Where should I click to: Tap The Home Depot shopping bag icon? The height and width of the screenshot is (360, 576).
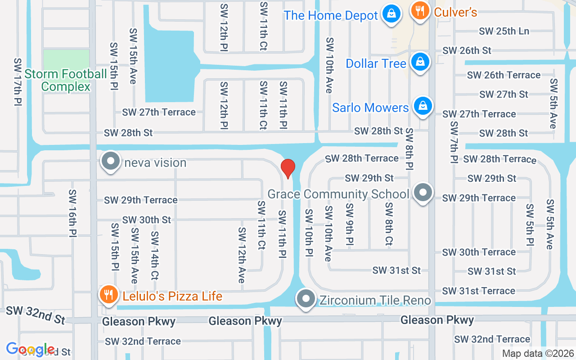coord(392,14)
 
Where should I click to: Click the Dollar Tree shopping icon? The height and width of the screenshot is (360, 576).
coord(420,62)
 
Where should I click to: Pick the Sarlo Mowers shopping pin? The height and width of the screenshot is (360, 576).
coord(423,106)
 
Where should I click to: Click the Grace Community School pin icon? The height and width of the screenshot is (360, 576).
coord(423,193)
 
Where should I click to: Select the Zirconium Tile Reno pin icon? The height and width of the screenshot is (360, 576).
coord(306,299)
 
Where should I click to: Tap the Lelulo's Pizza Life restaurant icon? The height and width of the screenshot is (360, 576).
coord(108,295)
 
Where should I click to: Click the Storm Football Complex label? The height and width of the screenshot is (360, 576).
coord(66,80)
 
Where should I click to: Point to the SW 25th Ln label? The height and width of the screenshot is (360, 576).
coord(504,31)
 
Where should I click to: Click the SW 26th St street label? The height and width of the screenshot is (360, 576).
coord(467,50)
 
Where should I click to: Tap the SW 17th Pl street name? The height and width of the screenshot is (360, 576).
coord(18,81)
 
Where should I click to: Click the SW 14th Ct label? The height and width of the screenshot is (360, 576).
coord(154,255)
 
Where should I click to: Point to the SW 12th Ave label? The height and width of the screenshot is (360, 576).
coord(242,255)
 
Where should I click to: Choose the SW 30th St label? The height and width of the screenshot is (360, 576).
coord(147,220)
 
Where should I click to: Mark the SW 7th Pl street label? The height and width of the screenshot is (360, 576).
coord(454,142)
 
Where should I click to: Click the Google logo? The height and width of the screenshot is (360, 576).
coord(30,349)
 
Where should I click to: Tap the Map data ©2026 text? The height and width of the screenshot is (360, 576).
coord(538,354)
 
